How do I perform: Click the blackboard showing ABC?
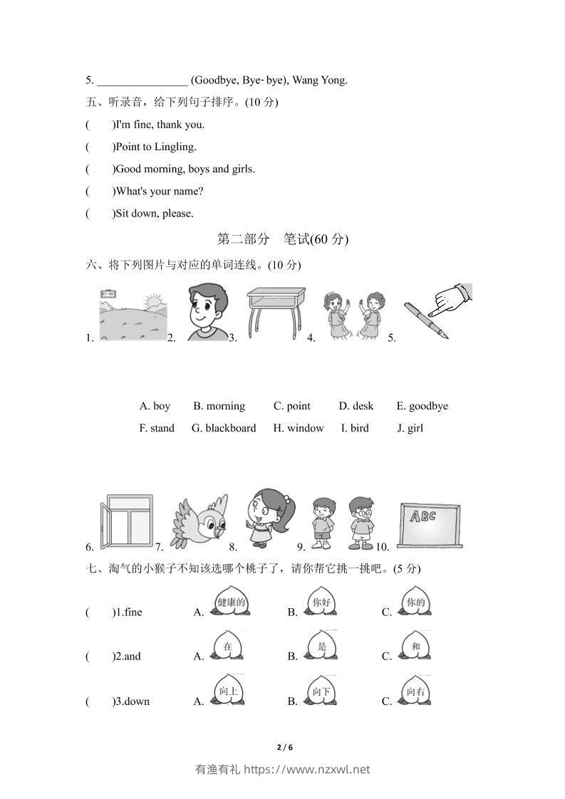[x=427, y=525]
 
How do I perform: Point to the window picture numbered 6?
[x=126, y=522]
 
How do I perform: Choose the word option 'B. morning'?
[x=219, y=406]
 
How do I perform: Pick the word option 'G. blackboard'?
[x=224, y=428]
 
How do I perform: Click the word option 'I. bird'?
[x=355, y=428]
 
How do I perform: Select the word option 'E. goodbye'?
[x=423, y=406]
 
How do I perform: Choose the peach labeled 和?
[x=415, y=647]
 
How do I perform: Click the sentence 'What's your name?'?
[x=159, y=191]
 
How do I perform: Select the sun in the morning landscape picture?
[x=152, y=303]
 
